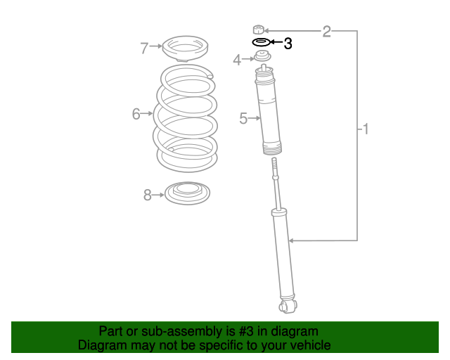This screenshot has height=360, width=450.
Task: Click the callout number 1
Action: (x=366, y=129)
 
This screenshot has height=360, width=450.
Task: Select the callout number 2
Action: (x=326, y=31)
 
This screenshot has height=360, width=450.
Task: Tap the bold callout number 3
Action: (x=288, y=44)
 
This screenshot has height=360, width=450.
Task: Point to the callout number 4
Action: (x=237, y=60)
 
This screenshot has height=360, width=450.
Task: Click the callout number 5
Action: (x=243, y=119)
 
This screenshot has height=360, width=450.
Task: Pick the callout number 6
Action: (x=136, y=113)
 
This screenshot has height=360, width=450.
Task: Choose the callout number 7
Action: (x=144, y=48)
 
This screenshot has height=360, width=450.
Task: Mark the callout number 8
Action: (x=148, y=195)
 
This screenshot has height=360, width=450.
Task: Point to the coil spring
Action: (x=186, y=118)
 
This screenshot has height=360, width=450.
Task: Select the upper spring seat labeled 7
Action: (x=182, y=49)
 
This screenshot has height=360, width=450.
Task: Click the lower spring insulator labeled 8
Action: (x=186, y=193)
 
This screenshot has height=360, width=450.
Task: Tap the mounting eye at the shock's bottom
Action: (x=287, y=306)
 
